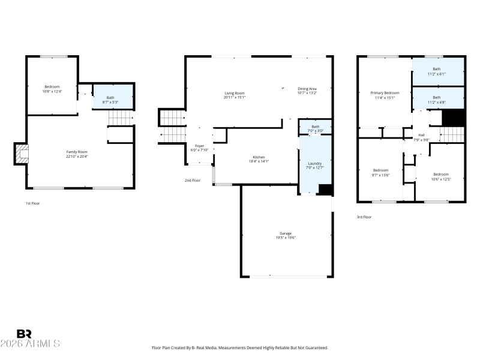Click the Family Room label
[x=77, y=152]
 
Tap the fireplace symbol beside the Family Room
[x=21, y=154]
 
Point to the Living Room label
[x=235, y=93]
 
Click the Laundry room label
[x=315, y=163]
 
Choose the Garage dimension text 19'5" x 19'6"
[x=286, y=238]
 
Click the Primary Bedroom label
[x=385, y=93]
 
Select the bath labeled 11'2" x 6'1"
[x=437, y=71]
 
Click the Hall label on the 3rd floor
[x=421, y=136]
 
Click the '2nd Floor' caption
[x=192, y=180]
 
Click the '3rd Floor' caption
[x=364, y=217]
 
